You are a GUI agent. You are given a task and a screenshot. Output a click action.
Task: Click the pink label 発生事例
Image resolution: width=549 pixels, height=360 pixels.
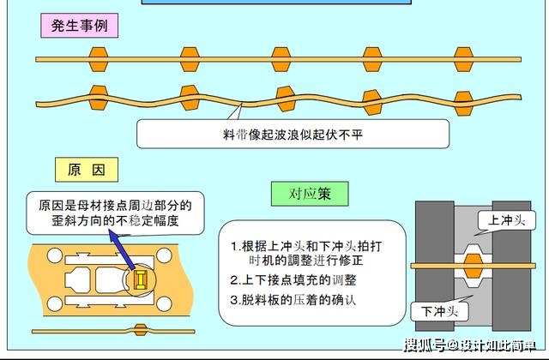[x=80, y=26]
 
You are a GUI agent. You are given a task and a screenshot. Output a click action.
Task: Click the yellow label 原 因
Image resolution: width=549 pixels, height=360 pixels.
[x=87, y=170]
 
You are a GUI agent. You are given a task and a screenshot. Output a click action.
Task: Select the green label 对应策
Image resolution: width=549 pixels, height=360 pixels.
[x=310, y=194]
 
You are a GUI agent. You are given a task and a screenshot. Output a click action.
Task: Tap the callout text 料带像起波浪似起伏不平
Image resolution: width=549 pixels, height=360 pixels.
[x=293, y=135]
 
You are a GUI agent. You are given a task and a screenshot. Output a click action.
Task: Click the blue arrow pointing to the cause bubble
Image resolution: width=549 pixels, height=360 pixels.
[x=122, y=249]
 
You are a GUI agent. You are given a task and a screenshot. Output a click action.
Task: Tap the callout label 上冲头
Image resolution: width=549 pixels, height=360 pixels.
[x=507, y=220]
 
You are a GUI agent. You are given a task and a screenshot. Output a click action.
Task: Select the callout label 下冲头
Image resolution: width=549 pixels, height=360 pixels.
[x=439, y=311]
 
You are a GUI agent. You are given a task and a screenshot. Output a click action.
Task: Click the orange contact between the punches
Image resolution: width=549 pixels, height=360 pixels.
[x=473, y=267]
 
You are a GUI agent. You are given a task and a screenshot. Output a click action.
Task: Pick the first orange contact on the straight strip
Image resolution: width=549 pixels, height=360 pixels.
[x=98, y=59]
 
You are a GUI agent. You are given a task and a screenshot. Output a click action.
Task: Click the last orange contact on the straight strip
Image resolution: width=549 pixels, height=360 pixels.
[x=463, y=59]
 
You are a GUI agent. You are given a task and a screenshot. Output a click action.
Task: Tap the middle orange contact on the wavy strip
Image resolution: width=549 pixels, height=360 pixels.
[x=286, y=99]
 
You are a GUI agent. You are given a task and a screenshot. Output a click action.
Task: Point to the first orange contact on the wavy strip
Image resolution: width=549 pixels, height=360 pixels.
[x=98, y=98]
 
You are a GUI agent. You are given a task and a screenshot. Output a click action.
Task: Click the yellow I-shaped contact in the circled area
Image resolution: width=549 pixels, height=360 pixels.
[x=140, y=280]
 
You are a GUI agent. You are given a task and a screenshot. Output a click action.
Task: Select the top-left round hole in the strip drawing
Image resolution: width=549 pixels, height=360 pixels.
[x=55, y=255]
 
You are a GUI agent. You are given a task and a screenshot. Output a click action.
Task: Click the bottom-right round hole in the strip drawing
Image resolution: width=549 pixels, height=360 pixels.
[x=164, y=303]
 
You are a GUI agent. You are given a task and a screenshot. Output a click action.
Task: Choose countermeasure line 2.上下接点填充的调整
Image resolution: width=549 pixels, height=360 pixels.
[x=293, y=280]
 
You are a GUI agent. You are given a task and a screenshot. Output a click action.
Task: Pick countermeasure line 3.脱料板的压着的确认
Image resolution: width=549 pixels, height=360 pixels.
[x=293, y=300]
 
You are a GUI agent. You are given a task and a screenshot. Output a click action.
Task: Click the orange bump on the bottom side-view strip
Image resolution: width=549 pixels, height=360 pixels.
[x=141, y=330]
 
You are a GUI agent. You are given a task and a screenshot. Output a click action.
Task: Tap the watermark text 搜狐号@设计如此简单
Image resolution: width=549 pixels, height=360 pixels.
[x=470, y=345]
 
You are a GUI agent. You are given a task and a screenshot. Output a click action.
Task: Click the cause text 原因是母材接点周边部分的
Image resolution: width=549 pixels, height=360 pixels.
[x=115, y=206]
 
